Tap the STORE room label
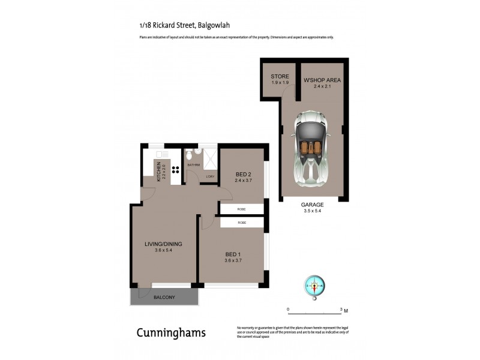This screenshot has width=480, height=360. click(280, 77)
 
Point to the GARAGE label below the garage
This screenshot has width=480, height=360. click(312, 205)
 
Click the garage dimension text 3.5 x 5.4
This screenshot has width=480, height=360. click(312, 211)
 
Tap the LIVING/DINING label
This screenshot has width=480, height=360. click(163, 244)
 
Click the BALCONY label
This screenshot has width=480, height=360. click(164, 298)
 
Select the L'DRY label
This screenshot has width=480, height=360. click(210, 176)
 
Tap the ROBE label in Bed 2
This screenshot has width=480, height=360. click(241, 209)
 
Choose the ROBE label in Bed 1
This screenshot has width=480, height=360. click(241, 223)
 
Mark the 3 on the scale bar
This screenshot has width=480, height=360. click(341, 309)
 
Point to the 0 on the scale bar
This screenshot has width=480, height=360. click(288, 309)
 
